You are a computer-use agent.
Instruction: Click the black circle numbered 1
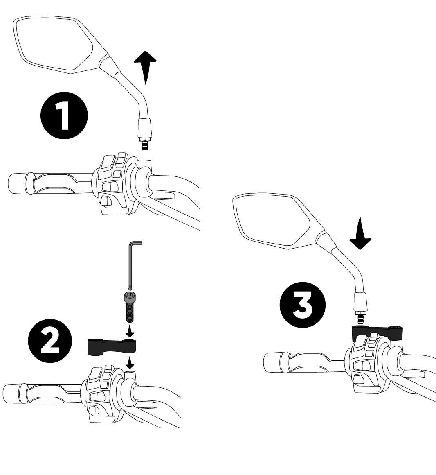tap(64, 115)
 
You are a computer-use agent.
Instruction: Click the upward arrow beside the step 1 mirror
tap(145, 67)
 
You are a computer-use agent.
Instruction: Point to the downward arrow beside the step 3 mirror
tap(360, 233)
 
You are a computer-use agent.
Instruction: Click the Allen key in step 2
tap(132, 265)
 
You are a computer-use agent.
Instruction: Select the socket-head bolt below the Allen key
tap(130, 307)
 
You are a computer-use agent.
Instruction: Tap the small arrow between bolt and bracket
tap(130, 331)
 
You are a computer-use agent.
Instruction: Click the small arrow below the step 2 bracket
tap(130, 362)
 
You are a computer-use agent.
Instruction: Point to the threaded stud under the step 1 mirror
tap(145, 144)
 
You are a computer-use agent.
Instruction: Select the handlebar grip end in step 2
tap(12, 394)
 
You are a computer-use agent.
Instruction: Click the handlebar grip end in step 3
tap(273, 362)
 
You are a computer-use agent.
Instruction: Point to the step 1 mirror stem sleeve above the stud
tap(145, 128)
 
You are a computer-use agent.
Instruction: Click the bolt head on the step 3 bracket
tap(396, 328)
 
